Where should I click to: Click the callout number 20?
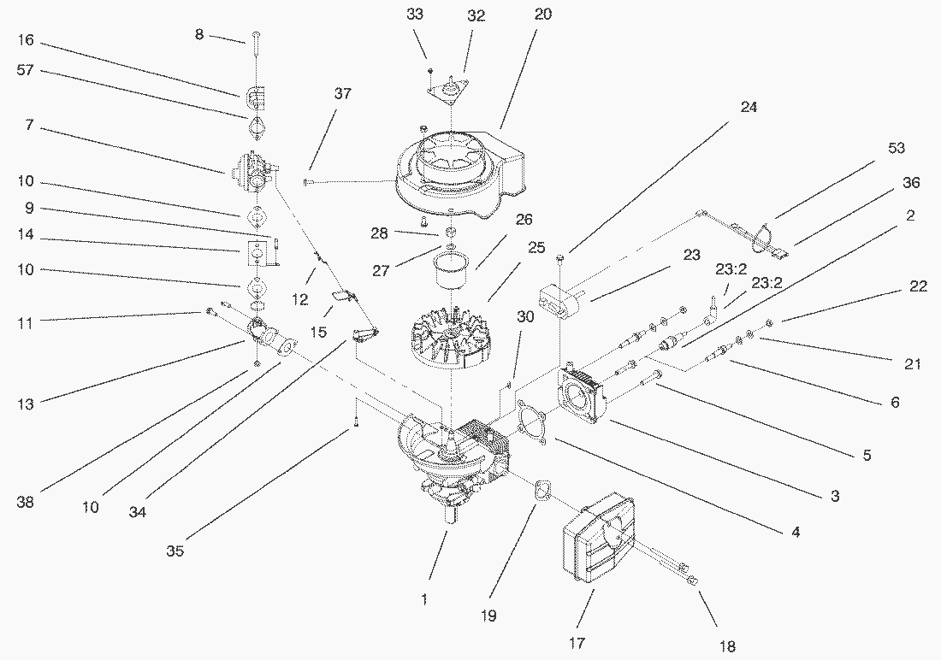click(x=543, y=15)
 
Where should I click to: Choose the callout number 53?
click(x=896, y=149)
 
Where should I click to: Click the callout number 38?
click(x=26, y=503)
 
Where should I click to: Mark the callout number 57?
click(x=25, y=70)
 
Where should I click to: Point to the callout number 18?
click(x=728, y=646)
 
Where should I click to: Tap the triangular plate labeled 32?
click(x=453, y=89)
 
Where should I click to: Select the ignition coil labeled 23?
click(x=560, y=298)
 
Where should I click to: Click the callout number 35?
click(x=176, y=551)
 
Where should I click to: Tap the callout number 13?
click(x=25, y=404)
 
